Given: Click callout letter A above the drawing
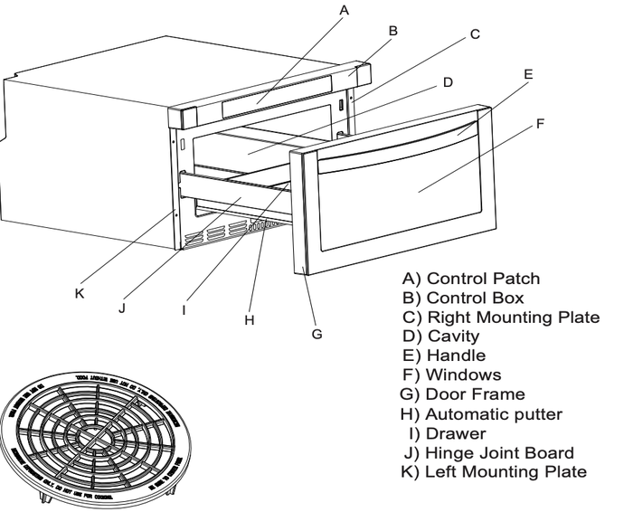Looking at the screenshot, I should (x=342, y=11).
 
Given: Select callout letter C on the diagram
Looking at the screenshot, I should (x=476, y=36).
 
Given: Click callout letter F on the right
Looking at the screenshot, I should (x=541, y=123).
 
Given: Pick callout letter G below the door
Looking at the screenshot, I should (x=316, y=333).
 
